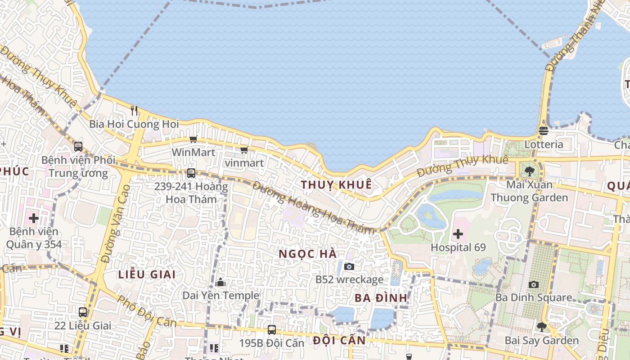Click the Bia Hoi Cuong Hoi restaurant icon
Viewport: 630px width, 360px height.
pos(134,110)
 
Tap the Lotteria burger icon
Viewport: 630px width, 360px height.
pos(544,131)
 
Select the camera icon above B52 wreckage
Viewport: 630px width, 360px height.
pos(349,266)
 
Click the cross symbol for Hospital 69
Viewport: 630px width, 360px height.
pos(458,234)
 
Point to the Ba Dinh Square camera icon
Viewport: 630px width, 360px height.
pos(534,284)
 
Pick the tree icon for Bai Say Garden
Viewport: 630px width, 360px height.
pos(542,327)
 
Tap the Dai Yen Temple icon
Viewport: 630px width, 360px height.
pos(220,283)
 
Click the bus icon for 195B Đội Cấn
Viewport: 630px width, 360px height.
pos(271,329)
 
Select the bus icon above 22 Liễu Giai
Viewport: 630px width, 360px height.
pos(83,312)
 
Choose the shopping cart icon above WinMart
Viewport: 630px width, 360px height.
pos(193,139)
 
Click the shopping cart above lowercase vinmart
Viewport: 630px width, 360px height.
pos(244,149)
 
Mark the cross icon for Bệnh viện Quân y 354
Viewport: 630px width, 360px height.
pos(34,219)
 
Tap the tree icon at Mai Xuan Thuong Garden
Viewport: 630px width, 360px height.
pos(529,171)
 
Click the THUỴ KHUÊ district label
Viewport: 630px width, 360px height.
pos(337,184)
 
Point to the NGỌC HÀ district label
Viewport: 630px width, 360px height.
pos(308,254)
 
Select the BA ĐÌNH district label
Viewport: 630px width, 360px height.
pos(381,298)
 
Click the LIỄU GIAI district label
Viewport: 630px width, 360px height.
pos(147,274)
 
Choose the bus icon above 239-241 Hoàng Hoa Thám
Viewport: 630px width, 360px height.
pos(191,173)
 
